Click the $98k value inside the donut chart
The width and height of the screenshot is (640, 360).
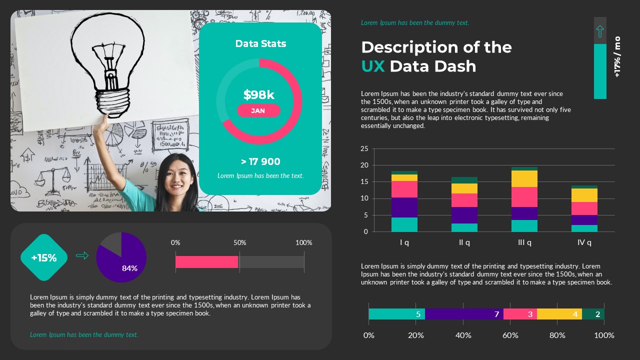(258, 94)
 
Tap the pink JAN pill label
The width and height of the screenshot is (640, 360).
(258, 110)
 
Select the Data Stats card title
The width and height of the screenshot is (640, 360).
(260, 44)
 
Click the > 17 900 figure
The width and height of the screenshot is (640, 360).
(260, 161)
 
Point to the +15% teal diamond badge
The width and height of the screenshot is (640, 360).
(44, 257)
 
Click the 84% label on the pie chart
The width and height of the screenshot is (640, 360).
(129, 268)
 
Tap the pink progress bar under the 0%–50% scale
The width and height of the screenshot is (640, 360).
(206, 262)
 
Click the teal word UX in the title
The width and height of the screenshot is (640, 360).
(373, 66)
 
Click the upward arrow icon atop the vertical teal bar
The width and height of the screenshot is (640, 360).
(600, 31)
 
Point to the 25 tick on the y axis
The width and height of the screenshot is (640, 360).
(364, 148)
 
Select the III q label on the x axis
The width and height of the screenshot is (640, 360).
(524, 242)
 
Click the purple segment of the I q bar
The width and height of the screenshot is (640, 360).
(404, 207)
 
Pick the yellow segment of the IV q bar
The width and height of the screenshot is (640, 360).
(584, 195)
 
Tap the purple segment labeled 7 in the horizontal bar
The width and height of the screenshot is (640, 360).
(464, 314)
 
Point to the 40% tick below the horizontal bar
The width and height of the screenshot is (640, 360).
(463, 335)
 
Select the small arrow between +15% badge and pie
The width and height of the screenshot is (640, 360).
(82, 256)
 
